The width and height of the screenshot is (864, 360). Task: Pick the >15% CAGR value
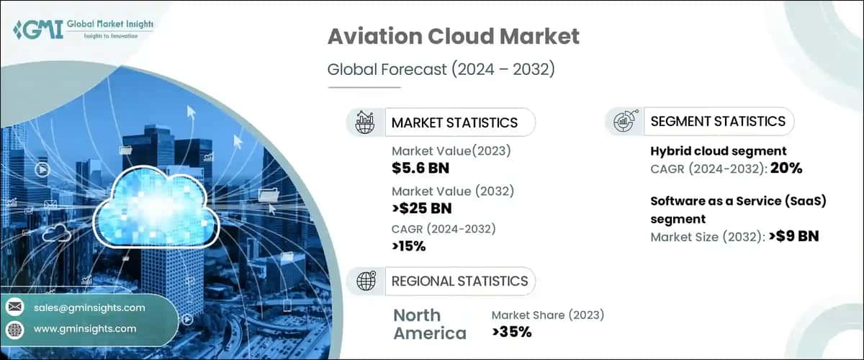point(409,246)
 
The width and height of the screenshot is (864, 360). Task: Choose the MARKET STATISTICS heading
point(454,122)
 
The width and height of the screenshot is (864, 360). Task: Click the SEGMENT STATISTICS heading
point(717,122)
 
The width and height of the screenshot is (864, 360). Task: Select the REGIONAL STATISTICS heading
point(459,281)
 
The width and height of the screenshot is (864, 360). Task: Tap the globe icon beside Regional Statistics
point(366,281)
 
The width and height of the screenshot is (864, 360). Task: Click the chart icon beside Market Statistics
point(366,122)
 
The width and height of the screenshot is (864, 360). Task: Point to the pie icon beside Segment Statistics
point(624,122)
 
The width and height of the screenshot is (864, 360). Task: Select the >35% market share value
point(512,332)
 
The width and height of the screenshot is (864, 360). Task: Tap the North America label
point(429,324)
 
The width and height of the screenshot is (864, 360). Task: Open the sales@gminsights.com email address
point(89,307)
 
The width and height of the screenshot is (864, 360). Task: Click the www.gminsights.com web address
point(84,328)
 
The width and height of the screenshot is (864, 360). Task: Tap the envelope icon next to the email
point(14,307)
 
